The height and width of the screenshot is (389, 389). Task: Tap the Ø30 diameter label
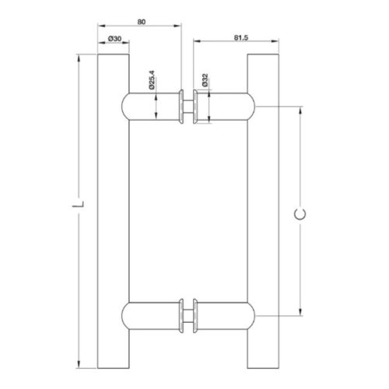[x=114, y=38]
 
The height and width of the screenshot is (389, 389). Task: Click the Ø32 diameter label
[x=204, y=80]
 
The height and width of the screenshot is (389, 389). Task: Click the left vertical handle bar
[x=114, y=210]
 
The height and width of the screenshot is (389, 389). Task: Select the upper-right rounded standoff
[x=227, y=106]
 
